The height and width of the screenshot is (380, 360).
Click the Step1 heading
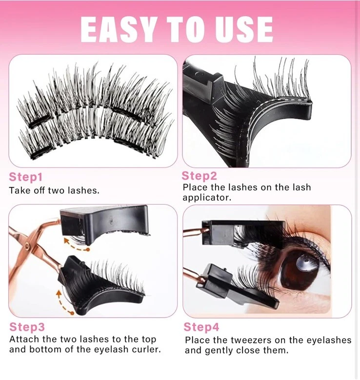coord(26,177)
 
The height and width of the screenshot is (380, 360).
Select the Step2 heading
coord(199,175)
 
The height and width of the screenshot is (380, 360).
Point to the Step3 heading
coord(27,327)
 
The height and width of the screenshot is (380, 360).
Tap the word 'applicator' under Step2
coord(207,198)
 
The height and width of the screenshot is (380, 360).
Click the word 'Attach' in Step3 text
coord(24,339)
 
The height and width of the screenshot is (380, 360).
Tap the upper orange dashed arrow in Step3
coord(78,244)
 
